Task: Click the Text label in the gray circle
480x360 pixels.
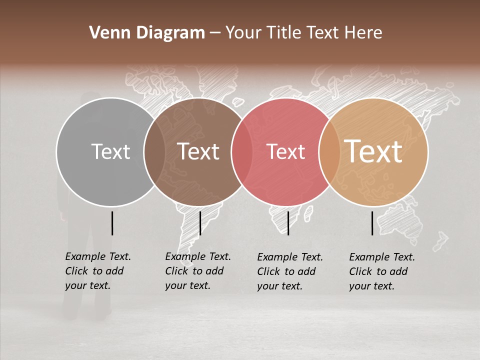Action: [x=110, y=151]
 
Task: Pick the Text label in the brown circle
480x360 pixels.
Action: [x=198, y=151]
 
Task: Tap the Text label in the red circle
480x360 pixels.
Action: [x=285, y=151]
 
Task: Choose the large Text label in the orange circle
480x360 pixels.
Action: [x=373, y=151]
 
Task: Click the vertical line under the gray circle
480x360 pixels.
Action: [x=112, y=223]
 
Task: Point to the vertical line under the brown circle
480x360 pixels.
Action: [x=200, y=223]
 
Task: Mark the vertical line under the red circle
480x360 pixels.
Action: [x=288, y=223]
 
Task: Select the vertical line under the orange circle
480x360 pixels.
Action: [x=372, y=223]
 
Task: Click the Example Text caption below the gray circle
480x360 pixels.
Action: [x=98, y=271]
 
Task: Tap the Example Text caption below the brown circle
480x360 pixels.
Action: [x=198, y=271]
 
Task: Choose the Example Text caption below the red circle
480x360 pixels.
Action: [x=290, y=271]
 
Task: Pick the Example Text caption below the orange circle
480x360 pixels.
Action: [x=382, y=271]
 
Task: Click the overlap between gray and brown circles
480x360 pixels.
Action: [x=154, y=151]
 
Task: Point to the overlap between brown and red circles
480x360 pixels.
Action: [x=242, y=151]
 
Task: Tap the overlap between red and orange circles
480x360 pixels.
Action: [x=329, y=151]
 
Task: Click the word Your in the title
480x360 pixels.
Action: [x=243, y=33]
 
